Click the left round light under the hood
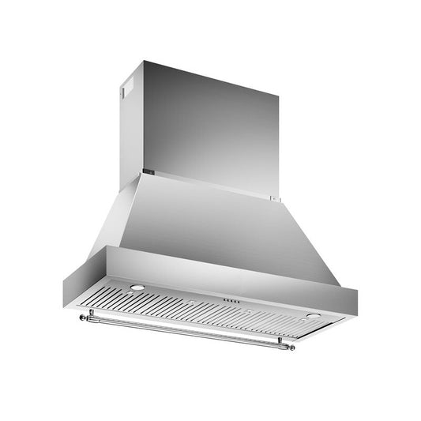click(137, 288)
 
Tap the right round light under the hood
click(314, 315)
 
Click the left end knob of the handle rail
click(81, 318)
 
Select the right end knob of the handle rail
click(291, 348)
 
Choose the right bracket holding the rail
click(280, 341)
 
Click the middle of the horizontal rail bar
click(186, 332)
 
